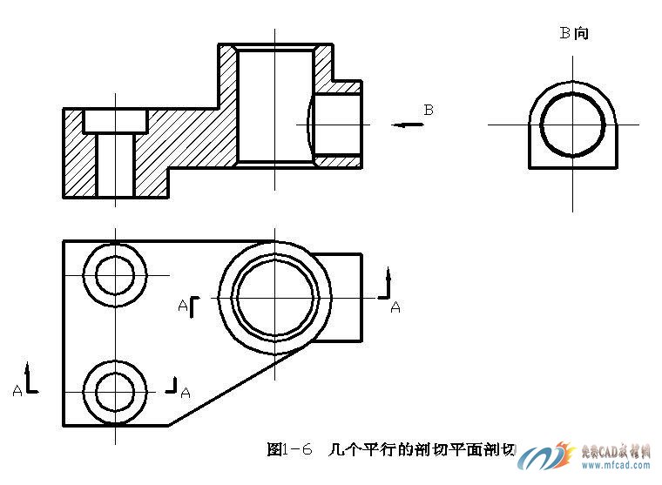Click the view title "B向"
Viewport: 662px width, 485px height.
pos(573,34)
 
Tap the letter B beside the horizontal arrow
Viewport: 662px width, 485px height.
pos(429,110)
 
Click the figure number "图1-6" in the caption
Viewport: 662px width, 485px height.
pos(289,450)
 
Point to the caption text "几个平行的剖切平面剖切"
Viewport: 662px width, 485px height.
pos(422,450)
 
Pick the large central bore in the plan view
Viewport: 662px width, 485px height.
pos(274,296)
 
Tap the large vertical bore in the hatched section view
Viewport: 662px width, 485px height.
pos(274,104)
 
